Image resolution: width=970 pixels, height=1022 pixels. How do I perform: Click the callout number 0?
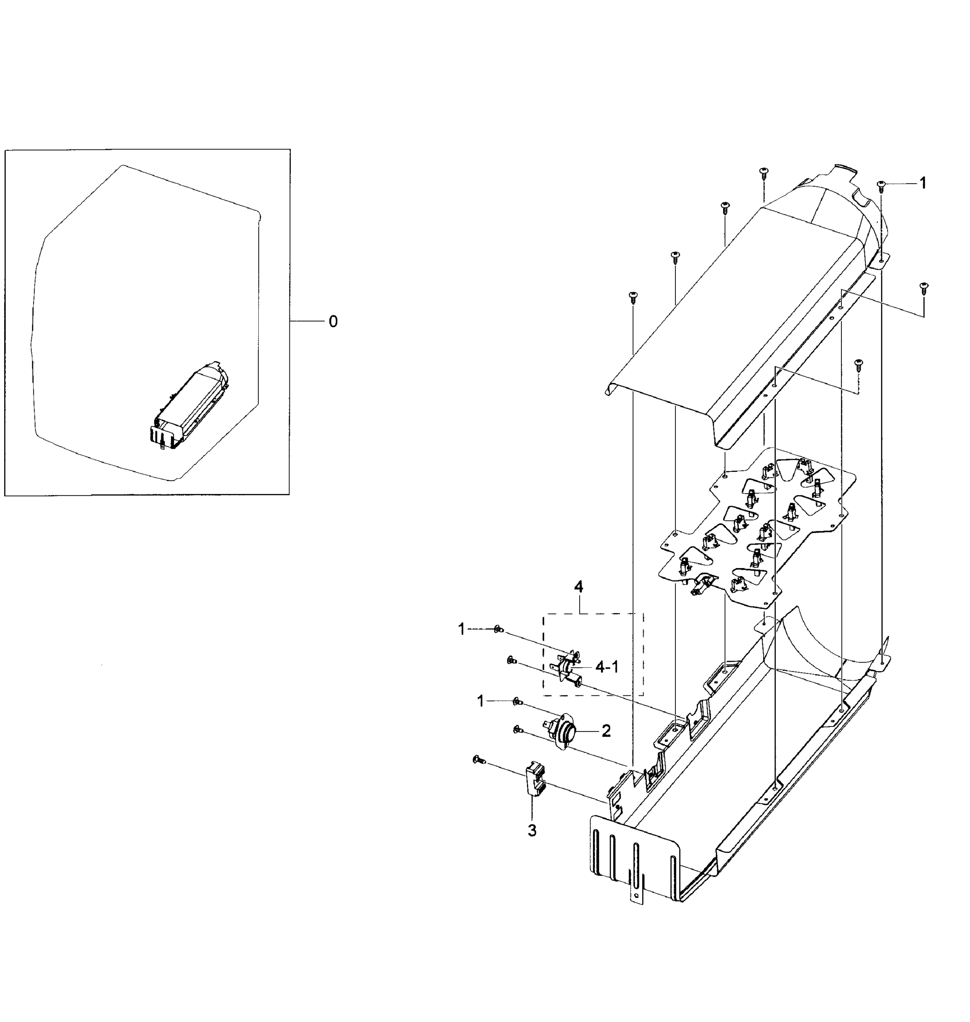(x=334, y=322)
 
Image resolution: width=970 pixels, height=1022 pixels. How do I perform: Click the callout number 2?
(x=606, y=731)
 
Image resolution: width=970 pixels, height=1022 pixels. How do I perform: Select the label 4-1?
(x=607, y=667)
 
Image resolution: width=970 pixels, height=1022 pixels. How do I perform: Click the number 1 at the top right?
(x=923, y=183)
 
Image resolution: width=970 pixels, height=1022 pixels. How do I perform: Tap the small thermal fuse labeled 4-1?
(x=569, y=670)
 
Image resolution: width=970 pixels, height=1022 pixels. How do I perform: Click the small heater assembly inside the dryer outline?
(x=189, y=405)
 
